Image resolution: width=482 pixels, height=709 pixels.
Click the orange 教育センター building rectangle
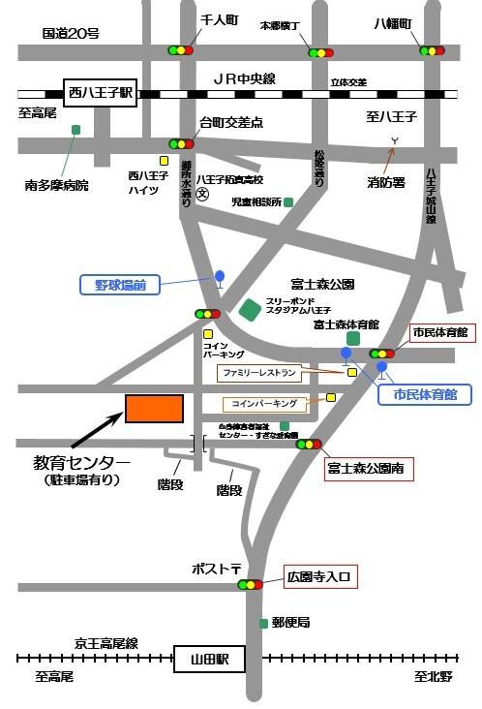pos(154,409)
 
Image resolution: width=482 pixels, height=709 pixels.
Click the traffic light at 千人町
pos(180,49)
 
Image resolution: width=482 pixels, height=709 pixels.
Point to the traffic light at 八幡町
pos(432,49)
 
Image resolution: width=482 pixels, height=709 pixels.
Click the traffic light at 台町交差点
pos(181,143)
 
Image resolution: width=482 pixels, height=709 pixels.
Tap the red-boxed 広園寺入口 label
pos(321,577)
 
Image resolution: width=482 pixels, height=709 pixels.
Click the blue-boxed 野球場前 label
pos(120,285)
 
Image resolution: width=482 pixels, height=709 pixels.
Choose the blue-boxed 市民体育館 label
pos(426,394)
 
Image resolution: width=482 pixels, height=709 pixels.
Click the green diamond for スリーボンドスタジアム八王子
pos(250,309)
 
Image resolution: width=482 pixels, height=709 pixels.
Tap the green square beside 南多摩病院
pos(75,129)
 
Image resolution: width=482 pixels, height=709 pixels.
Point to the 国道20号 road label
pos(71,33)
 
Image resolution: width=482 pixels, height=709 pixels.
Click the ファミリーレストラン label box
pos(258,372)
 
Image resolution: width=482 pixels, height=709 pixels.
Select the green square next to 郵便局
pos(263,623)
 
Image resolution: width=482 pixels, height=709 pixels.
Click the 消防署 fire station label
pos(386,181)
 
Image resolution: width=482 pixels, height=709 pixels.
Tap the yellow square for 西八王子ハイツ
pos(165,161)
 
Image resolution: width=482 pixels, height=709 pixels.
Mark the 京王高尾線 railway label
pos(106,642)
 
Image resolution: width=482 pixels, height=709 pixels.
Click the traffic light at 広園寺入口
pos(252,584)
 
